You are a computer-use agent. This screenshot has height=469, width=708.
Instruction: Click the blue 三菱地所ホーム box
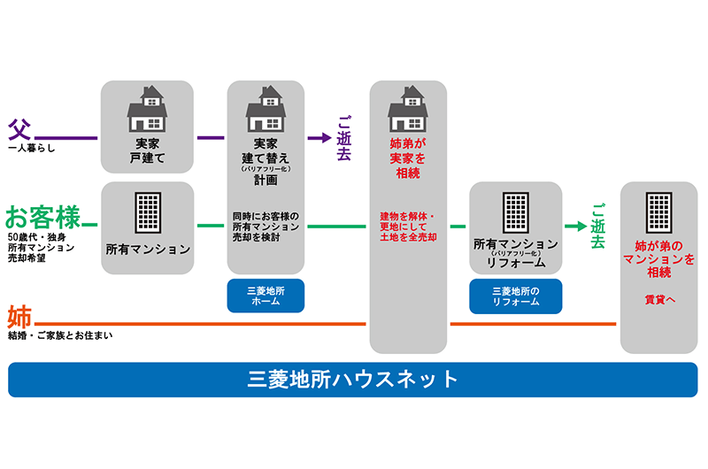(265, 296)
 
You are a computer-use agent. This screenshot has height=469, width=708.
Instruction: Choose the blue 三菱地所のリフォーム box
(515, 296)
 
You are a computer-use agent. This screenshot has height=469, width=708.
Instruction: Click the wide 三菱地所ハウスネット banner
(353, 380)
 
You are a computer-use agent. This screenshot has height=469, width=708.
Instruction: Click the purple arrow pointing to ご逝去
(318, 138)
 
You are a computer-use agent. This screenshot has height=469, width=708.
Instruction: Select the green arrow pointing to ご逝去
(575, 226)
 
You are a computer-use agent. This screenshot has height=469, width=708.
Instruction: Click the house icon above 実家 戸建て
(147, 108)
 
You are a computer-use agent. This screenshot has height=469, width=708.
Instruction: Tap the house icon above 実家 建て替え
(265, 108)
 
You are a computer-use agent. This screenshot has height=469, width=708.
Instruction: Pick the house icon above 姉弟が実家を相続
(408, 108)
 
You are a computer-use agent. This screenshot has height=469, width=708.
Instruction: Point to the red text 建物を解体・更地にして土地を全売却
(408, 226)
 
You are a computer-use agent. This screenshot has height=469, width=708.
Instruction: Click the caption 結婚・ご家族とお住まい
(60, 336)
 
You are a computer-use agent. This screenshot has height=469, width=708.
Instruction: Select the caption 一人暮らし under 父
(31, 149)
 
